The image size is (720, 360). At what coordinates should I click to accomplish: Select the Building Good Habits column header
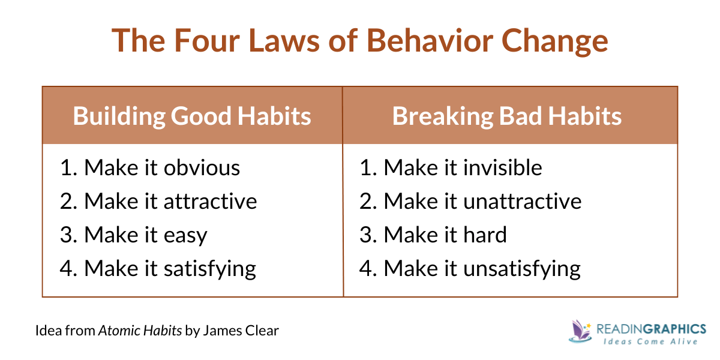pyautogui.click(x=192, y=116)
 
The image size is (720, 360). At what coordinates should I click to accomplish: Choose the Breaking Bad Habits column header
pyautogui.click(x=507, y=116)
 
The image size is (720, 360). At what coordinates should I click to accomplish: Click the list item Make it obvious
pyautogui.click(x=150, y=168)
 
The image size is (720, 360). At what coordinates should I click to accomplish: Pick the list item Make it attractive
pyautogui.click(x=158, y=201)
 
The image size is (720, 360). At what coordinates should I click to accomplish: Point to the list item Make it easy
pyautogui.click(x=133, y=235)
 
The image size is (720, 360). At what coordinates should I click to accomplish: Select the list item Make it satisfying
pyautogui.click(x=158, y=268)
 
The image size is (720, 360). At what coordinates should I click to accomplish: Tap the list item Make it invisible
pyautogui.click(x=451, y=168)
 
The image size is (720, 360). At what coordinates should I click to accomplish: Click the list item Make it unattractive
pyautogui.click(x=470, y=201)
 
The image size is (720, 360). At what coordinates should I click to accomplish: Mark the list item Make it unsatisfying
pyautogui.click(x=470, y=268)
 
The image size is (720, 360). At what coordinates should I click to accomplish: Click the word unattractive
pyautogui.click(x=523, y=201)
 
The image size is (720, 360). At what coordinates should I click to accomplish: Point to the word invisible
pyautogui.click(x=503, y=168)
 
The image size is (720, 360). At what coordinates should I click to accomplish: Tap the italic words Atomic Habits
pyautogui.click(x=140, y=331)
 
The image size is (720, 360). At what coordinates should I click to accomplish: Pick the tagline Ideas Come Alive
pyautogui.click(x=650, y=341)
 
